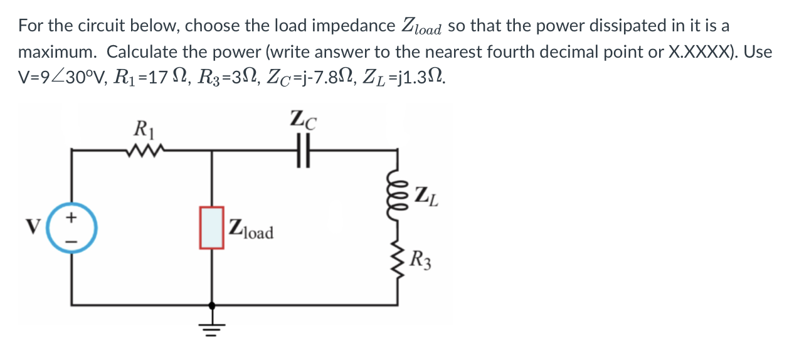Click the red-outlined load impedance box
click(211, 226)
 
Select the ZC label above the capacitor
click(304, 119)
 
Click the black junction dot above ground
click(212, 305)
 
